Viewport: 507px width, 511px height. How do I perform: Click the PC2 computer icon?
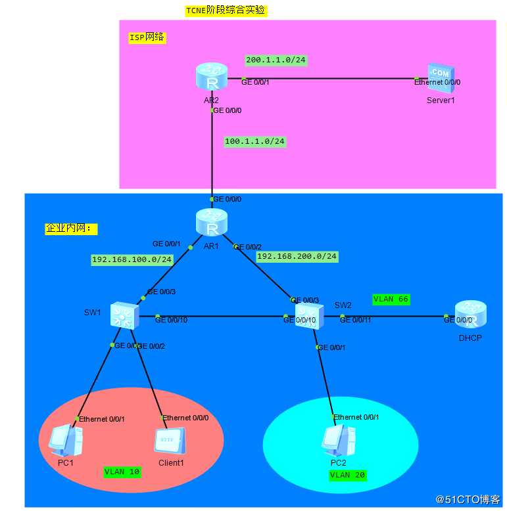[x=338, y=440]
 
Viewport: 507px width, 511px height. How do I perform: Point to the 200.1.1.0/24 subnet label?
[x=276, y=60]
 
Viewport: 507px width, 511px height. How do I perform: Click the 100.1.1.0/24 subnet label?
[x=255, y=141]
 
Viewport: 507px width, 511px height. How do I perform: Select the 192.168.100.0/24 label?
[x=132, y=259]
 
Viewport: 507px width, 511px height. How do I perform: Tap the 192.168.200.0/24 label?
[x=297, y=256]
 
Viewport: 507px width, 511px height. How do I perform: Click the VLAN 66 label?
[x=391, y=299]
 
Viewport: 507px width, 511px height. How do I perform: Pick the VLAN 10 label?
[x=122, y=471]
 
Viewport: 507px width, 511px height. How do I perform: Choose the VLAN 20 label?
[x=348, y=474]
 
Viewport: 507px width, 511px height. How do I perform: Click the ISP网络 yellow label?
[x=147, y=37]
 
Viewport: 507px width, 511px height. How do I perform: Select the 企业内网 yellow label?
[x=71, y=229]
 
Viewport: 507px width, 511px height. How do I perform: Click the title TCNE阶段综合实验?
[x=226, y=11]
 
